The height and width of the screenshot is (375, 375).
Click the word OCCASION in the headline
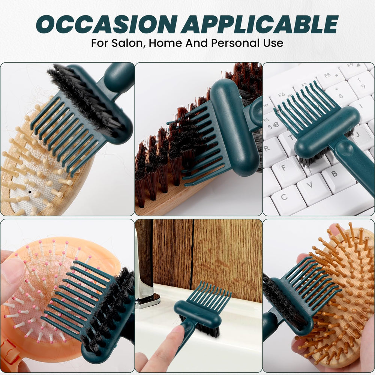coord(107,24)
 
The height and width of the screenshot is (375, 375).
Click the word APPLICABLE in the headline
coord(259,24)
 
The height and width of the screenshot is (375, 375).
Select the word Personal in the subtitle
coord(235,43)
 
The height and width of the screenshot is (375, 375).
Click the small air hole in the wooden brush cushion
coord(30,192)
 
